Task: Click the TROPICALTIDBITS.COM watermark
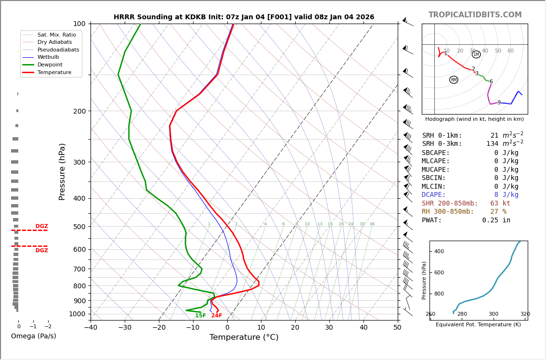point(475,15)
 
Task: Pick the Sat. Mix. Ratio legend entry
point(56,35)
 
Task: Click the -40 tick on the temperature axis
point(91,328)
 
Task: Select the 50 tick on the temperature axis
point(397,328)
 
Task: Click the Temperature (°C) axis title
point(244,337)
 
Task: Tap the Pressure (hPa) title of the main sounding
point(62,171)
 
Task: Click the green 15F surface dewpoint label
point(200,316)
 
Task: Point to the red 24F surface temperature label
point(217,316)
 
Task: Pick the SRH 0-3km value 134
point(492,144)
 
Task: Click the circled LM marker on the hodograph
point(476,54)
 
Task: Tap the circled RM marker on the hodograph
point(454,80)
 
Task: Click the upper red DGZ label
point(41,226)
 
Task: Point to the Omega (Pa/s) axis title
point(34,336)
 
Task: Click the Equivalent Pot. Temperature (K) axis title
point(478,325)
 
